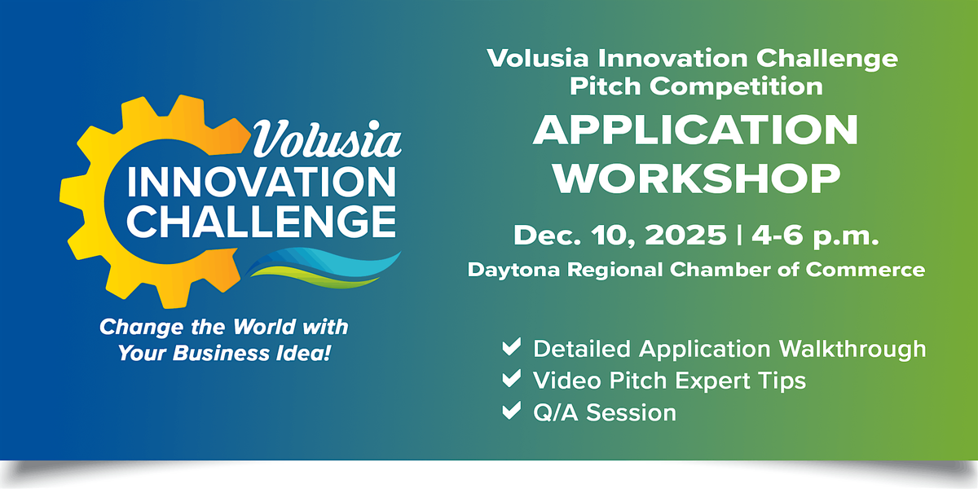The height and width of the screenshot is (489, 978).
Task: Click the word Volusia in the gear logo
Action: (x=327, y=141)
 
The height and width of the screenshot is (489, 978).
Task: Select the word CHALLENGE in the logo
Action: (x=261, y=222)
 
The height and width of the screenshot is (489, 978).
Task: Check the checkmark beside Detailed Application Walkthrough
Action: (x=512, y=349)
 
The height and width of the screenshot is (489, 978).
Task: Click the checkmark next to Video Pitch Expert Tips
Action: (x=512, y=380)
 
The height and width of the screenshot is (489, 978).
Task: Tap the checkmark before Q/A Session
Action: (x=512, y=412)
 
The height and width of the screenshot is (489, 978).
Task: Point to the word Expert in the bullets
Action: (x=700, y=381)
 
